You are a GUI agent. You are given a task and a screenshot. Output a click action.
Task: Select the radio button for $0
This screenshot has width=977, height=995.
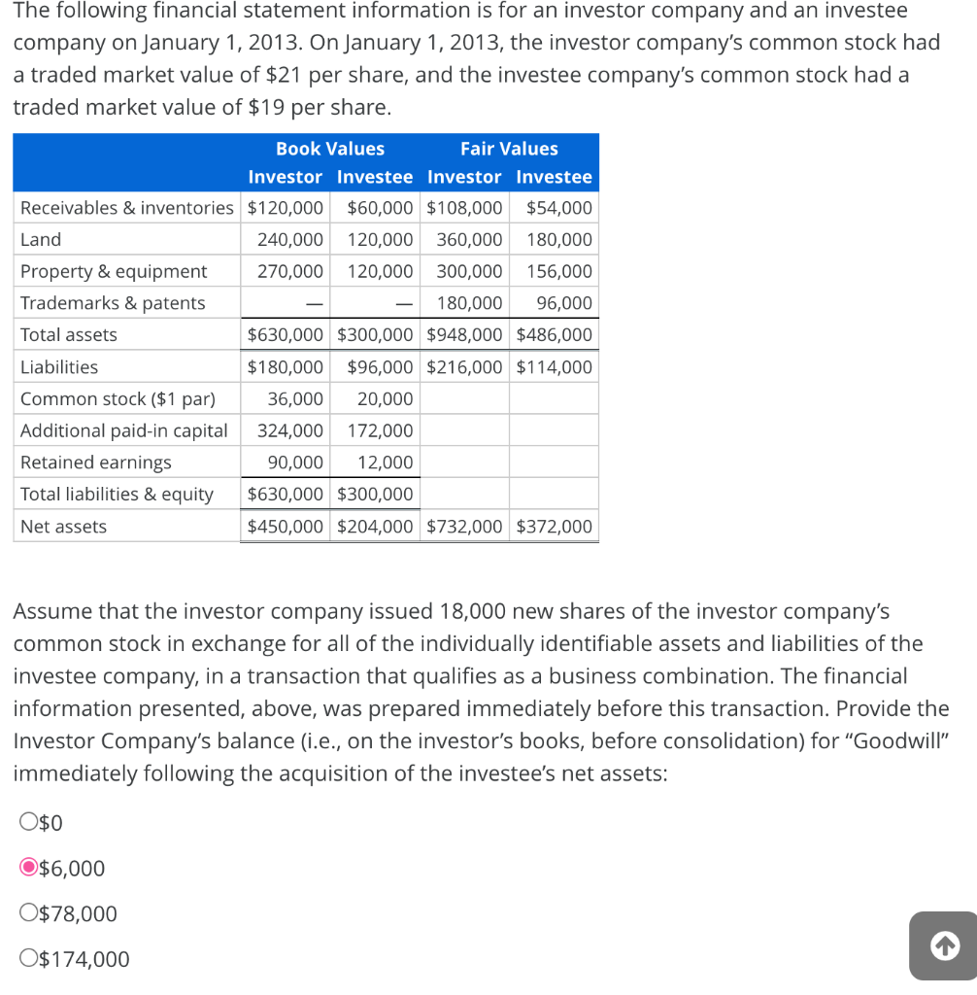pyautogui.click(x=29, y=823)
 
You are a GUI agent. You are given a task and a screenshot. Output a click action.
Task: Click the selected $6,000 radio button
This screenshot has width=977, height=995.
pyautogui.click(x=29, y=868)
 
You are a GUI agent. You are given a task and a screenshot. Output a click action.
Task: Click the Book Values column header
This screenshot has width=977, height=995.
pyautogui.click(x=330, y=149)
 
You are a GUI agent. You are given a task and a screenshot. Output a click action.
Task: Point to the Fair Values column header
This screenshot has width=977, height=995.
pyautogui.click(x=509, y=149)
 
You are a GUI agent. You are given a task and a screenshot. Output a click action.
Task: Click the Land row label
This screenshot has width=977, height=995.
pyautogui.click(x=41, y=239)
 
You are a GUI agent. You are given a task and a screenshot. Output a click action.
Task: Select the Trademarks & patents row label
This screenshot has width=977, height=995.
pyautogui.click(x=113, y=303)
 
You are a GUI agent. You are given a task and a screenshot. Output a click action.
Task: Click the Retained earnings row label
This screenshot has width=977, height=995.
pyautogui.click(x=96, y=463)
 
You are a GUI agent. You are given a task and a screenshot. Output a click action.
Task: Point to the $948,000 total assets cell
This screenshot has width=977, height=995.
pyautogui.click(x=465, y=334)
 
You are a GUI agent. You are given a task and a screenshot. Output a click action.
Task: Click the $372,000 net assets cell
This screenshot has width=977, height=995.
pyautogui.click(x=555, y=527)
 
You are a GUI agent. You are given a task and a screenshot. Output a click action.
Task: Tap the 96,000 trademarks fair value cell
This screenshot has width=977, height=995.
pyautogui.click(x=564, y=303)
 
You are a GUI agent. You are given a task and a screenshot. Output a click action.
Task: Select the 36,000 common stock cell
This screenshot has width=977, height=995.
pyautogui.click(x=295, y=398)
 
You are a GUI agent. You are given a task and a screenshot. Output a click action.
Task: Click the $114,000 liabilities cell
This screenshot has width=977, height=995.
pyautogui.click(x=555, y=367)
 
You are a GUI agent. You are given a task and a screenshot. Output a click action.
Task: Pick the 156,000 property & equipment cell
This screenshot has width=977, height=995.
pyautogui.click(x=559, y=271)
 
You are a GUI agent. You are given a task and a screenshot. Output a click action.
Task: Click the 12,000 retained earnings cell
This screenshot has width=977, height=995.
pyautogui.click(x=386, y=463)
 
